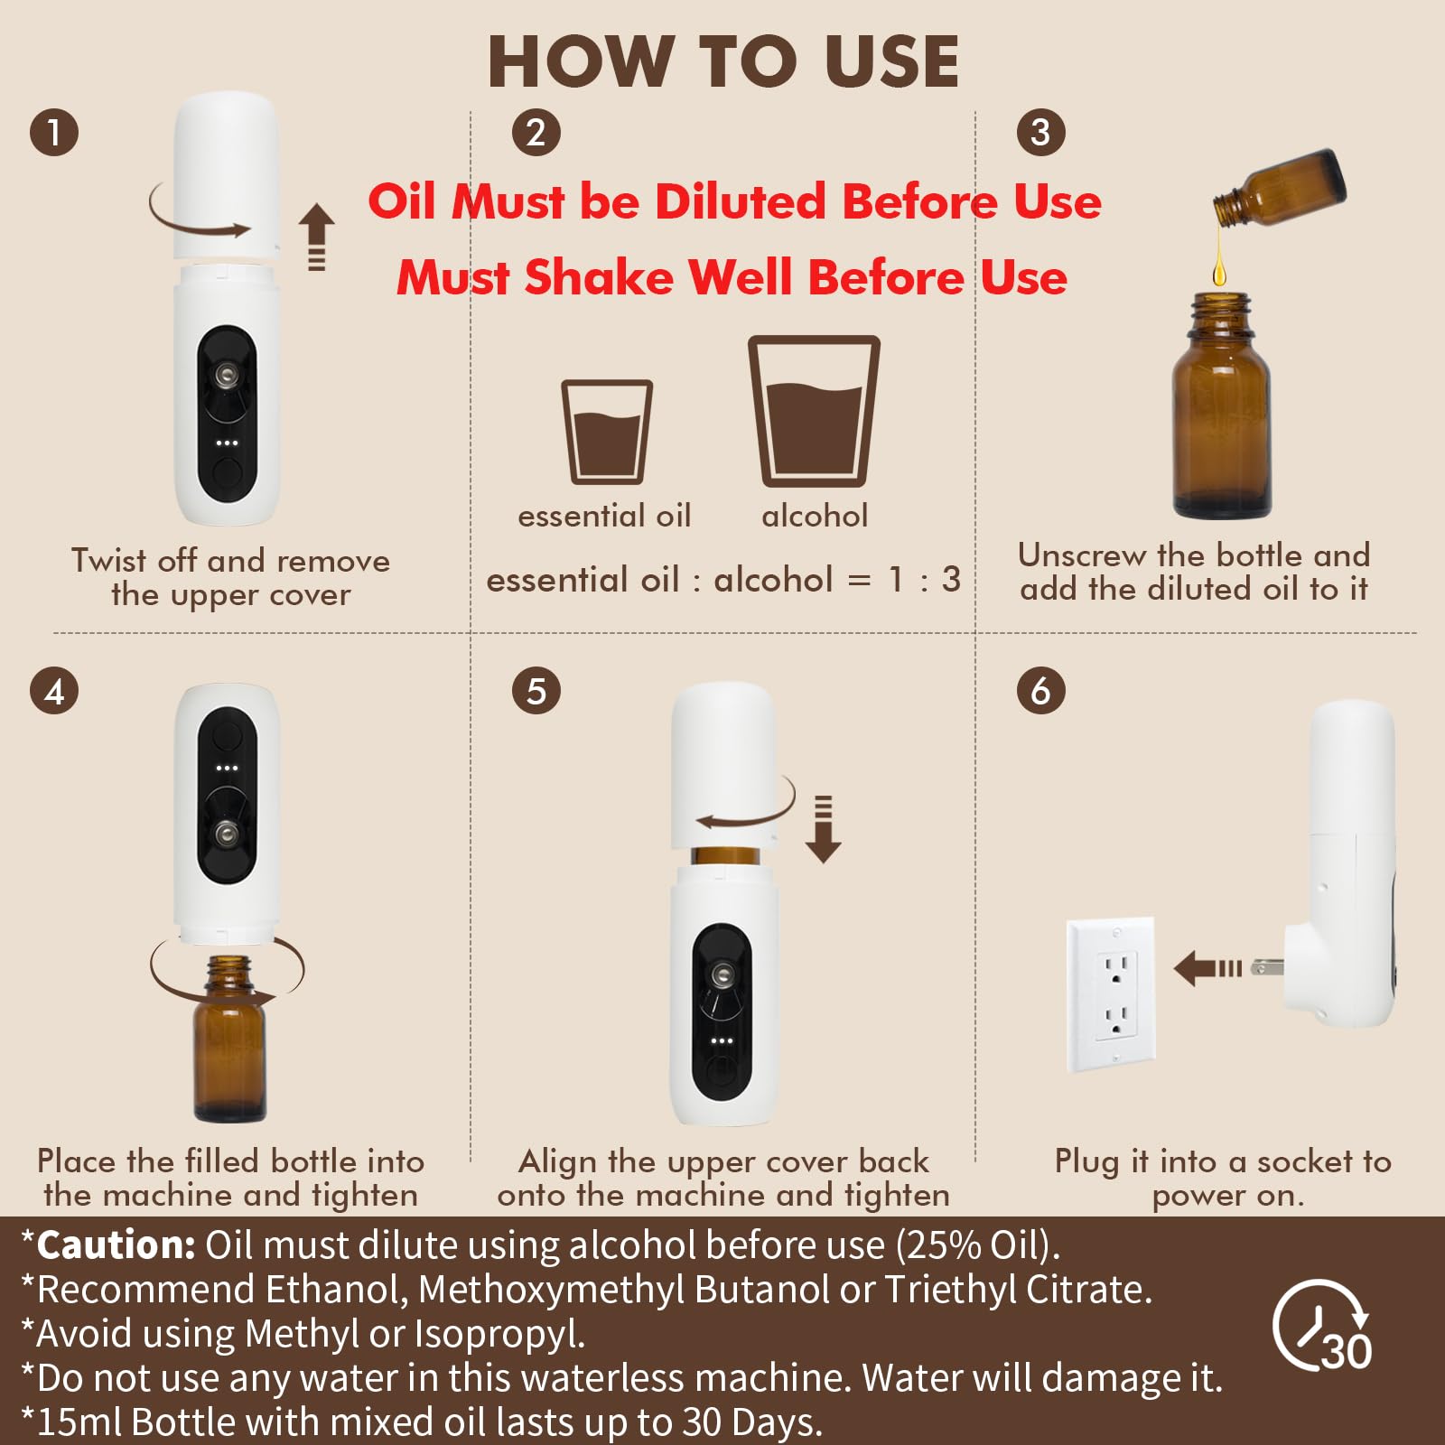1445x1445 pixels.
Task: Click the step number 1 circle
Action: click(54, 132)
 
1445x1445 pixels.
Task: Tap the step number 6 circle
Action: click(1040, 691)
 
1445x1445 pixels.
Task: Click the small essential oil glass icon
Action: click(607, 433)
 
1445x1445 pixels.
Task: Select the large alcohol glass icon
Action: click(814, 412)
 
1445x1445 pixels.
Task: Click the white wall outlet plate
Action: click(1111, 993)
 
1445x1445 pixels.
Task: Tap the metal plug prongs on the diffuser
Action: click(1266, 968)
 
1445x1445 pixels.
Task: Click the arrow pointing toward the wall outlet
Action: click(1207, 968)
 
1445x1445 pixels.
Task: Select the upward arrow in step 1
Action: click(316, 235)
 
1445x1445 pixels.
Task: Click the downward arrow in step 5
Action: click(823, 829)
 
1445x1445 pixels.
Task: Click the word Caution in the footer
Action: click(116, 1245)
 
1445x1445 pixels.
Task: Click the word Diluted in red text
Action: click(740, 200)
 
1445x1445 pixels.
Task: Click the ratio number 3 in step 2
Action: click(951, 580)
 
